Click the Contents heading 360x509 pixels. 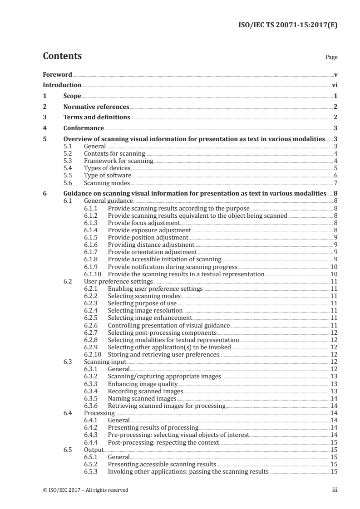click(62, 57)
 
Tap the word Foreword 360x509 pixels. click(57, 74)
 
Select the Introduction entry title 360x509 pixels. click(62, 85)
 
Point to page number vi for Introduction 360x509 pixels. click(334, 85)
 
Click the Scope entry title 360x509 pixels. click(72, 96)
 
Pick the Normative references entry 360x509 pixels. click(96, 107)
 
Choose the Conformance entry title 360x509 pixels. click(84, 128)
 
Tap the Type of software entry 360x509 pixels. click(108, 176)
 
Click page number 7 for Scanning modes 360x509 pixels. click(335, 183)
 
